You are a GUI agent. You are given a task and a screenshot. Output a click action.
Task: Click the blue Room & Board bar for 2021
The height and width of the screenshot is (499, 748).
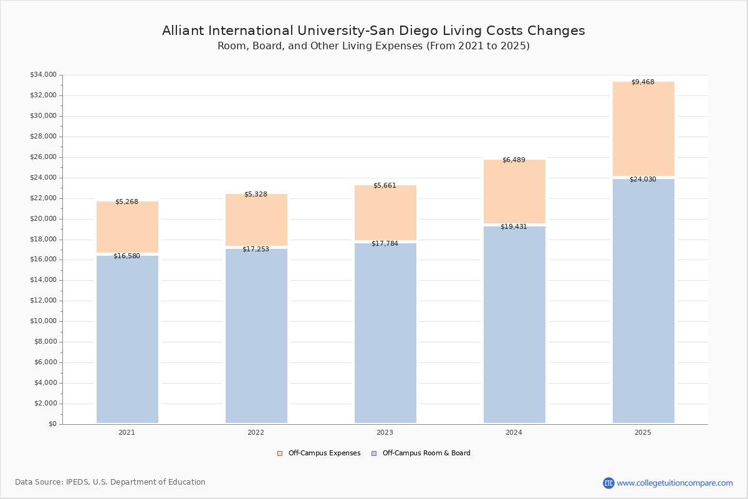coord(127,339)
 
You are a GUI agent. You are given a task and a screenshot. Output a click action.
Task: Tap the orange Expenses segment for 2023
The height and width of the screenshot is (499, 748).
coord(385,213)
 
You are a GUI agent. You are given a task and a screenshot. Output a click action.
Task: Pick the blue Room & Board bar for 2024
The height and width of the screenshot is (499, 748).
coord(514,324)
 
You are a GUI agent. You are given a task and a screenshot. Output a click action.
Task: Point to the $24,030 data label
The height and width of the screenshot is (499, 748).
coord(643,180)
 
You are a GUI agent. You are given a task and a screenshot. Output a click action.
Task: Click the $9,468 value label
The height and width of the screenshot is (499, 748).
coord(643,82)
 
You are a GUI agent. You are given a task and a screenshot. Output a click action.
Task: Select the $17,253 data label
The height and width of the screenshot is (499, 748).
coord(256,249)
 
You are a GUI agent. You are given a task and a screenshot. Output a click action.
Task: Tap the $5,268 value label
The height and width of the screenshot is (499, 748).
coord(127,202)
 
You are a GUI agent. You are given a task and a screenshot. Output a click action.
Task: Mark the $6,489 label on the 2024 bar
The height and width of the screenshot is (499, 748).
coord(514,160)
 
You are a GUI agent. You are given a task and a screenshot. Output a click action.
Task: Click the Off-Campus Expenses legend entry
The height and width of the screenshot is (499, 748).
coord(324,453)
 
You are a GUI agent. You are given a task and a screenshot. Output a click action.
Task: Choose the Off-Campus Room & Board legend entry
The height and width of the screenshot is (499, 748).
coord(426,453)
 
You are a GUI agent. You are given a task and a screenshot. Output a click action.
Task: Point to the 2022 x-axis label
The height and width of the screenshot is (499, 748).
coord(256,433)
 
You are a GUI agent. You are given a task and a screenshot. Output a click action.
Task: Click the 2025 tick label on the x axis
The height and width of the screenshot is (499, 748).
coord(643,433)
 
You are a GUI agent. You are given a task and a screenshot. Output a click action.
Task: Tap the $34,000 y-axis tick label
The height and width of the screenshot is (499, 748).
coord(43,75)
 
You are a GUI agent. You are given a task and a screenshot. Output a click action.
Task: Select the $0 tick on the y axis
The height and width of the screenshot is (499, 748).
coord(52,424)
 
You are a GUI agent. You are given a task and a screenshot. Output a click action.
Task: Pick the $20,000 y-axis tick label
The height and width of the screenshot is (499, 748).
coord(43,219)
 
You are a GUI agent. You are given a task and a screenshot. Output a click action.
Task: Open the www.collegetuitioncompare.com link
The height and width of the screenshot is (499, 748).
coord(674,483)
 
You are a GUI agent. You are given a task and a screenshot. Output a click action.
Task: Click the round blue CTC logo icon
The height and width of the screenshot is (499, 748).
coord(608,483)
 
